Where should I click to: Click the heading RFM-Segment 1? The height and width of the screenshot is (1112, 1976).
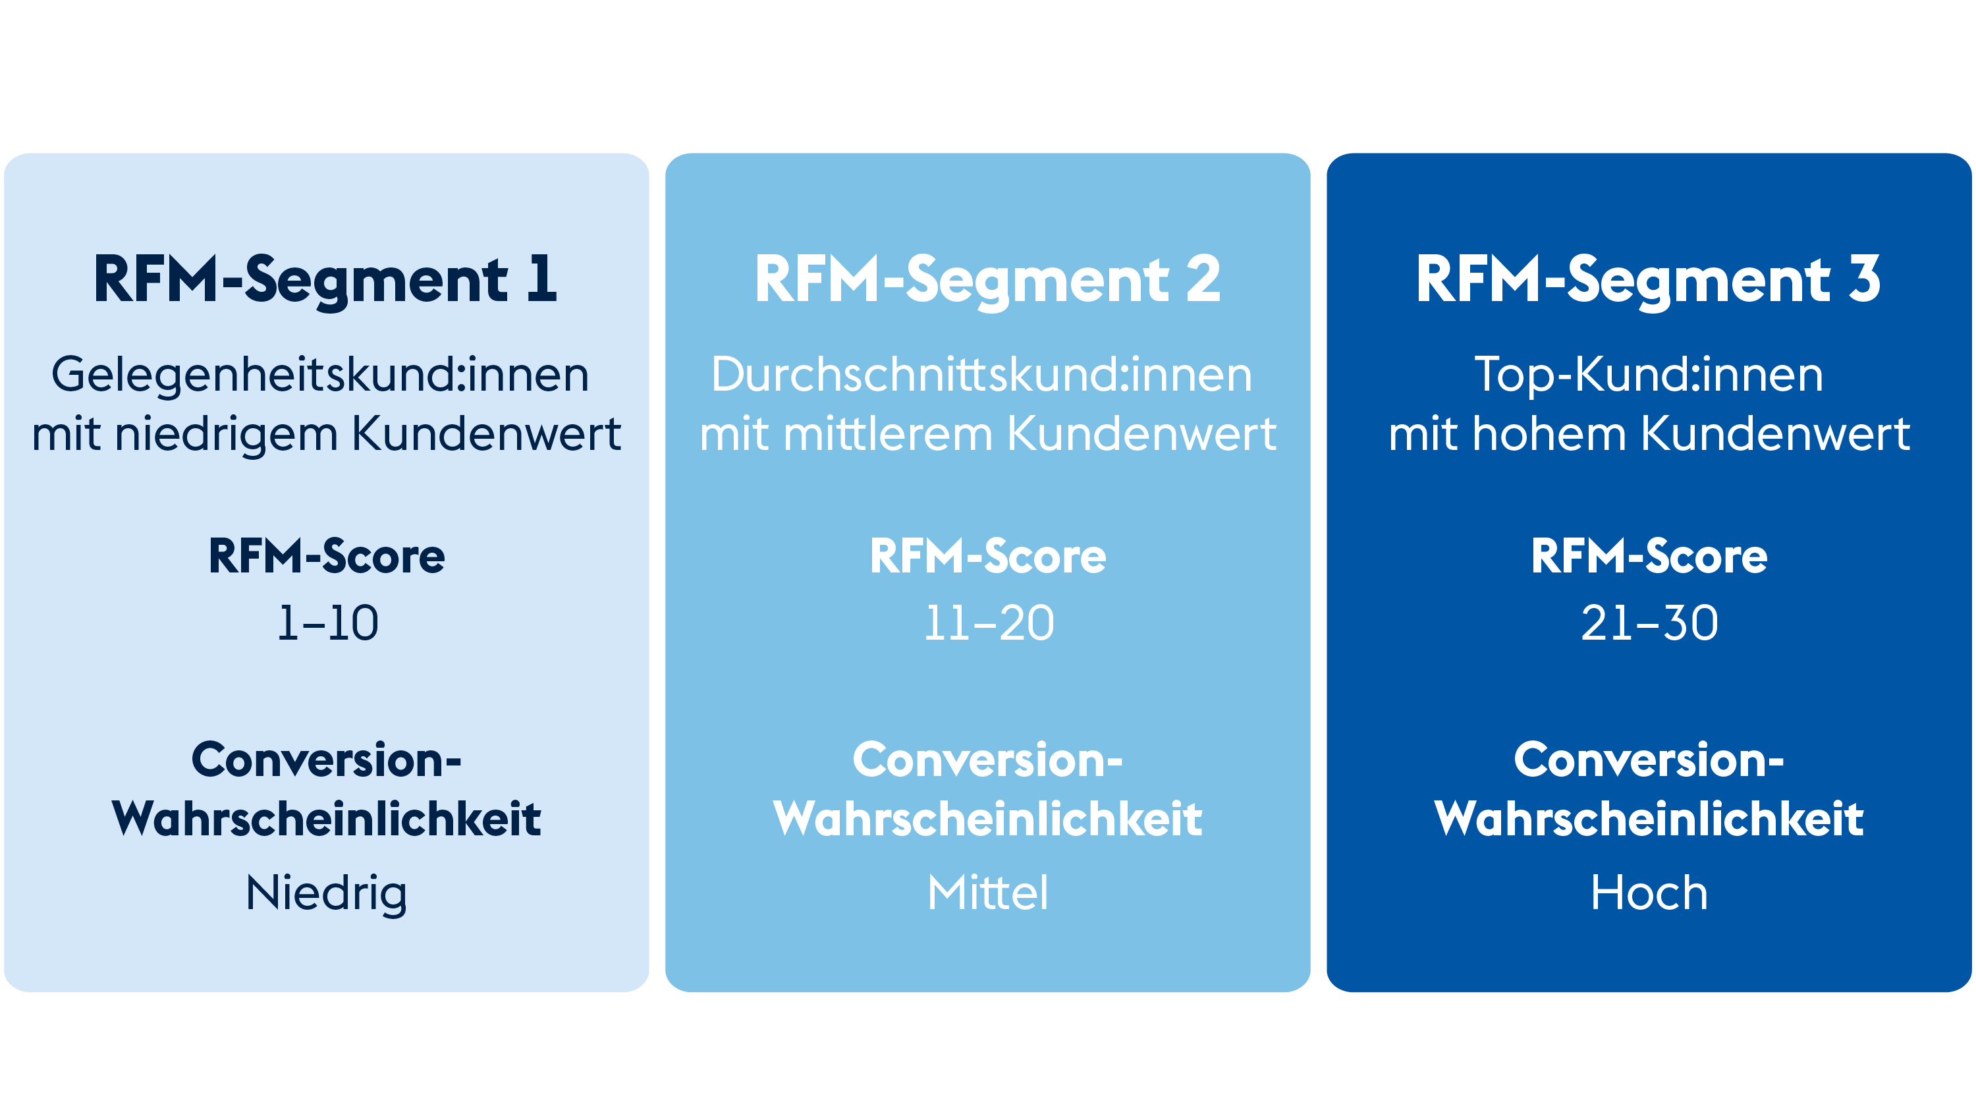coord(325,281)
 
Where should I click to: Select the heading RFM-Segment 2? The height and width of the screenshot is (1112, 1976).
coord(987,281)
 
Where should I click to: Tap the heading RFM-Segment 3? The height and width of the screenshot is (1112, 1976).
coord(1649,281)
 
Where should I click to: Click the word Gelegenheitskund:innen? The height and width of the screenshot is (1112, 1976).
coord(320,375)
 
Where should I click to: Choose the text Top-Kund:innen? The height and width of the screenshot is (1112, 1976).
coord(1649,375)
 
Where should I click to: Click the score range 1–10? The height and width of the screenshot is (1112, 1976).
coord(327,623)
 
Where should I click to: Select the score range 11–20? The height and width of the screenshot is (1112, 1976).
coord(989,623)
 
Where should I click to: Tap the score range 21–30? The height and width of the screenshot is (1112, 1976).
coord(1649,623)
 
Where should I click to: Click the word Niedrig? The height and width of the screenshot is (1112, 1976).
coord(326,894)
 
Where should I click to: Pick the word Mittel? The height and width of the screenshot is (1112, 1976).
coord(987,893)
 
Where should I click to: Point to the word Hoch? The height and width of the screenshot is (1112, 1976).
coord(1649,893)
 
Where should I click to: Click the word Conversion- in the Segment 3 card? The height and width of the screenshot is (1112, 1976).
coord(1649,760)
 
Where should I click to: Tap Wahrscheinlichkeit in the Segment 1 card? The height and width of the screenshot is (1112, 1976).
coord(326,818)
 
